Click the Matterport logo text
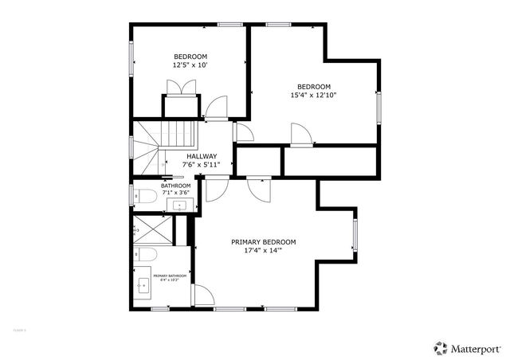click(x=476, y=347)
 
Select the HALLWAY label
click(x=202, y=156)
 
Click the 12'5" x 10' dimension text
click(x=190, y=65)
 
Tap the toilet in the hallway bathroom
click(x=143, y=196)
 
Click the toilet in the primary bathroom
click(x=144, y=255)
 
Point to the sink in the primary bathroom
click(x=144, y=288)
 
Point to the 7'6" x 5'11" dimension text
click(x=202, y=165)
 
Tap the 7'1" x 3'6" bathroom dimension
click(x=175, y=192)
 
